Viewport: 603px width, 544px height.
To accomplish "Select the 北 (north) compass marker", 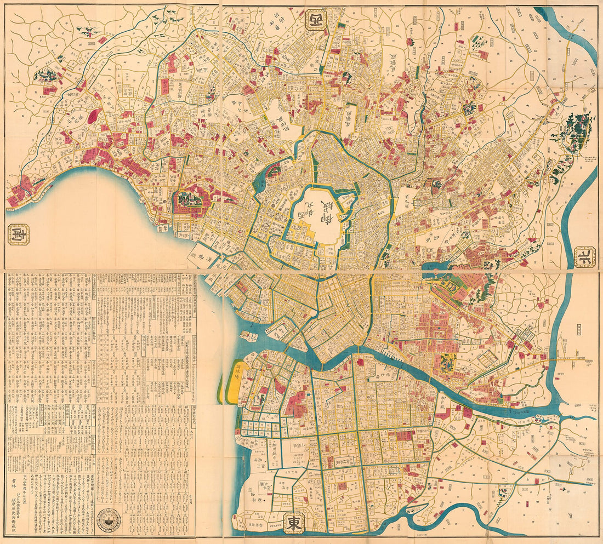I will (585, 256).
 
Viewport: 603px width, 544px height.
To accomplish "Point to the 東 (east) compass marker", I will (293, 523).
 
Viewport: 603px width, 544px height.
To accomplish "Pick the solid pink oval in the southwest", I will (93, 116).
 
